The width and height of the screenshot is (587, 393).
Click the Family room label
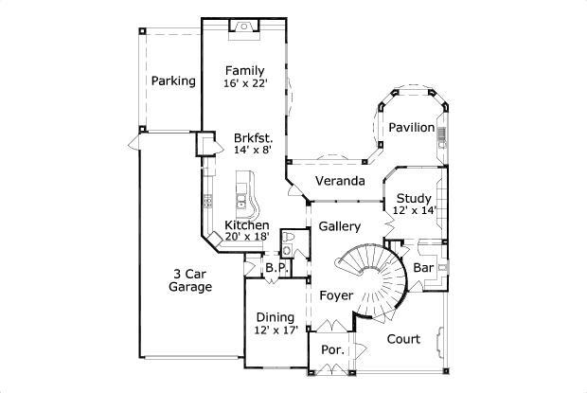(x=244, y=71)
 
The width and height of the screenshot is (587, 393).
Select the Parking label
(x=173, y=81)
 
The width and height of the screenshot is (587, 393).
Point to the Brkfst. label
(x=253, y=138)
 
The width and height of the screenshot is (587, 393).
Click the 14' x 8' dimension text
(x=253, y=151)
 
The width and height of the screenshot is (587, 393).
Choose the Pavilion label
(x=411, y=127)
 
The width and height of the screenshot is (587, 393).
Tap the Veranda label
(x=340, y=181)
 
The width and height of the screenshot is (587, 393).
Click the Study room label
(x=414, y=198)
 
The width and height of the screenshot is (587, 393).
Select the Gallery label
(x=339, y=227)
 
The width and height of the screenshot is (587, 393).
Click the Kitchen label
(x=246, y=225)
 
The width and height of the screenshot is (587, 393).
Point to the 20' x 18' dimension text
(x=247, y=237)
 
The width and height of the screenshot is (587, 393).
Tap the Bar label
(x=423, y=269)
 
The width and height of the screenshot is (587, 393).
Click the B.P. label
(x=276, y=269)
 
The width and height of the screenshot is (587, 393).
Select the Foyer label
(x=335, y=295)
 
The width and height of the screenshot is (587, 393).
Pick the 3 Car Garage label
(x=190, y=280)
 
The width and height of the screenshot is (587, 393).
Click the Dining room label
(x=276, y=317)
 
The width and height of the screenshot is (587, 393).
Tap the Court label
(x=403, y=338)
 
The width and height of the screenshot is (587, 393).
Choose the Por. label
(x=332, y=350)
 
